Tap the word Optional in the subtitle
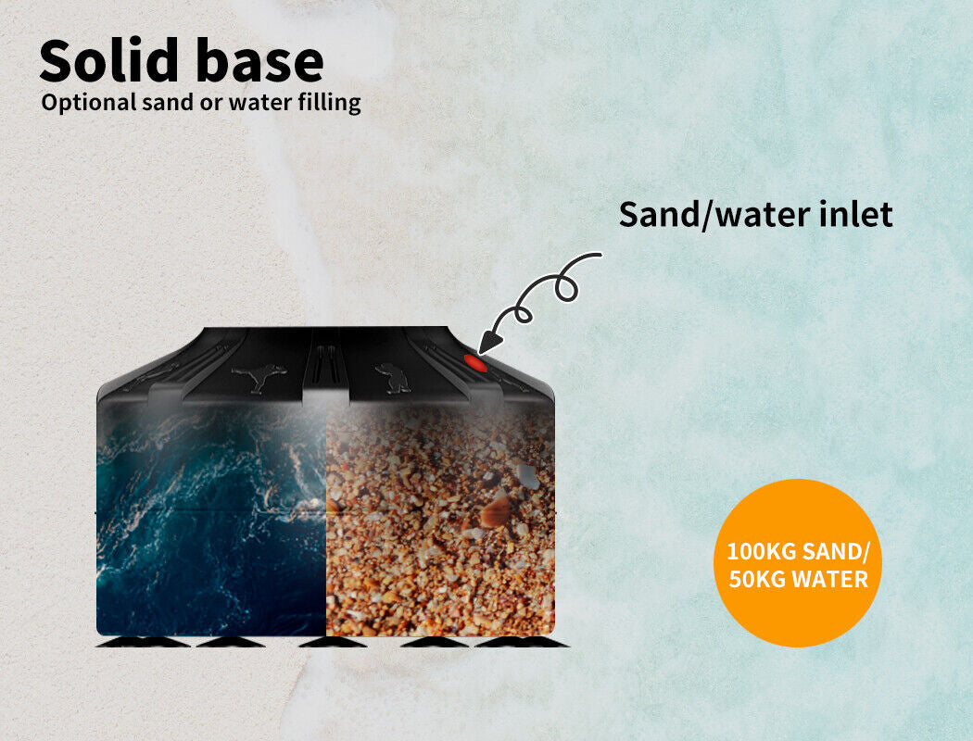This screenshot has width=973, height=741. (x=89, y=103)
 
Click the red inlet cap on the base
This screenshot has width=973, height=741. (x=475, y=362)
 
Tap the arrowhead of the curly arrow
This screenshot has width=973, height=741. (x=490, y=343)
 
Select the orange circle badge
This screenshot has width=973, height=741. (x=797, y=563)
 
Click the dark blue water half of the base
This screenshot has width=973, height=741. (x=211, y=520)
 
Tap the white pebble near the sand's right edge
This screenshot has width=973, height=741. (x=527, y=475)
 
